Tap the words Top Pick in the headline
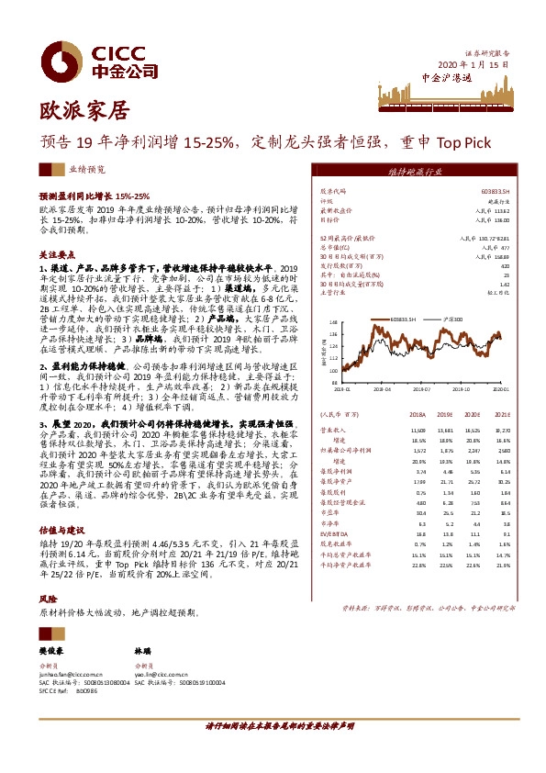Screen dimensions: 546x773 pos(464,143)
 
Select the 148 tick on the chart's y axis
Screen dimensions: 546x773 pos(335,322)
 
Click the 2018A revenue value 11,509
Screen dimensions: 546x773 pos(419,430)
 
